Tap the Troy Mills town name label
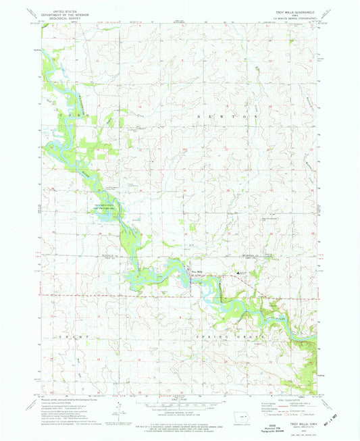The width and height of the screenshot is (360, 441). (197, 272)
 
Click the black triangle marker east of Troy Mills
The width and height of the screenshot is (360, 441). (237, 273)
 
